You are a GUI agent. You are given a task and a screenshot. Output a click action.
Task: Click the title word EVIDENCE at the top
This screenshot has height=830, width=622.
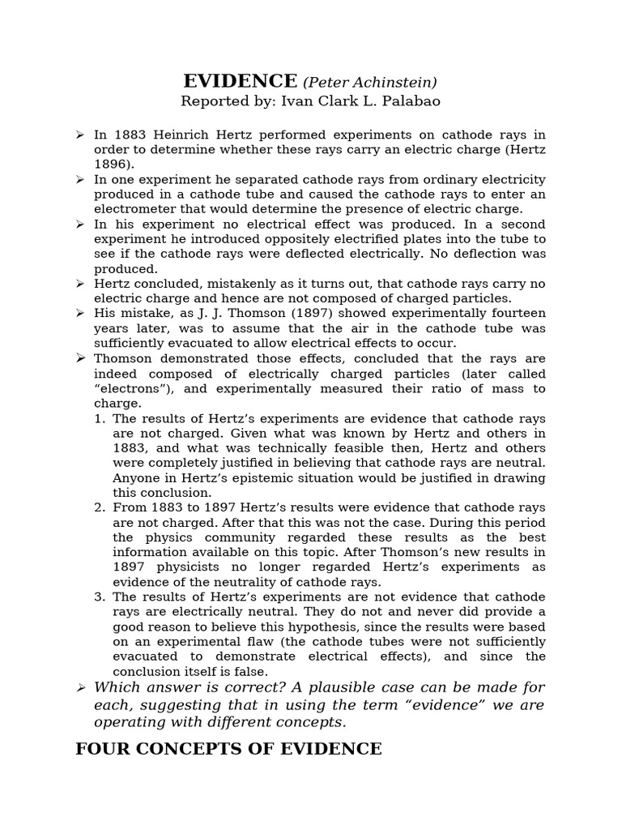tap(240, 81)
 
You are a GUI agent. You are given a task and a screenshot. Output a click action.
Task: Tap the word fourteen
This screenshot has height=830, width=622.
tap(513, 314)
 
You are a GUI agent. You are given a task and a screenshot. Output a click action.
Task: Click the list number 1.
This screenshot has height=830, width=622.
tap(100, 418)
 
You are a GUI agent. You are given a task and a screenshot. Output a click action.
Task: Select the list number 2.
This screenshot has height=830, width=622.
tap(100, 507)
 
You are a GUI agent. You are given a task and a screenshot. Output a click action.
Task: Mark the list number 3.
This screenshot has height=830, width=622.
tap(100, 597)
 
